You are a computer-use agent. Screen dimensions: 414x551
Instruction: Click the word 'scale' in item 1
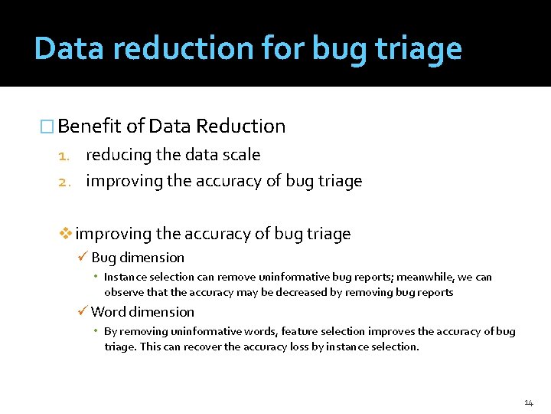(x=241, y=155)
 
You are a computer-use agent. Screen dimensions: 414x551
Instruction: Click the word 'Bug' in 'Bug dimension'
(x=103, y=258)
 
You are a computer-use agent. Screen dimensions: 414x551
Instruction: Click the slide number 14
(x=528, y=402)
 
